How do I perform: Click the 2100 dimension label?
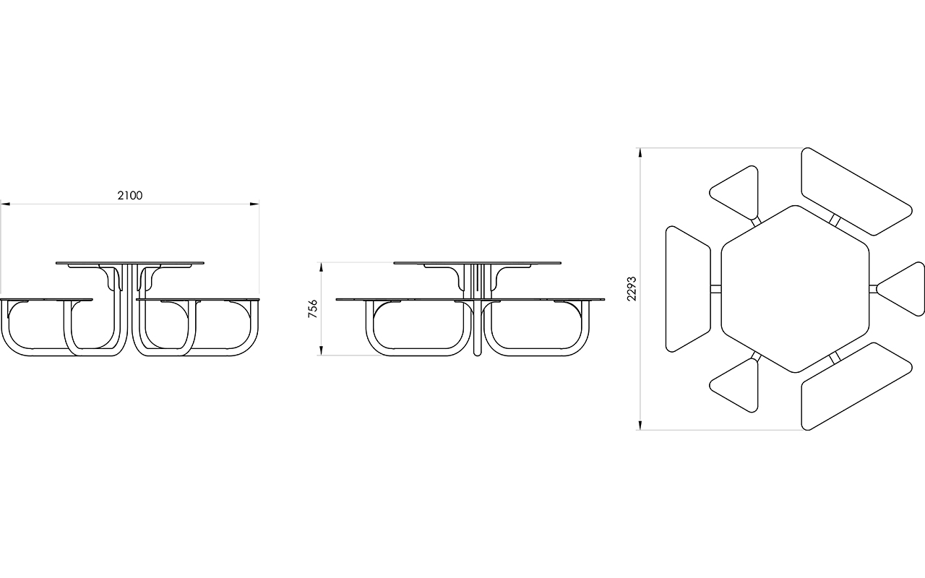(130, 195)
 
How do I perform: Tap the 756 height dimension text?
(313, 309)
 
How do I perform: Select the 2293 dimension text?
(632, 288)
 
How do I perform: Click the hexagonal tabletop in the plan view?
(796, 289)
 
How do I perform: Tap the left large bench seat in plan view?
(688, 289)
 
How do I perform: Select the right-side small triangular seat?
(900, 289)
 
